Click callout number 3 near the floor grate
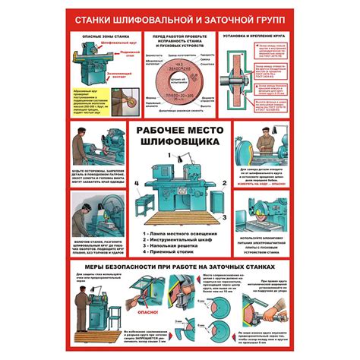pos(226,215)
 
